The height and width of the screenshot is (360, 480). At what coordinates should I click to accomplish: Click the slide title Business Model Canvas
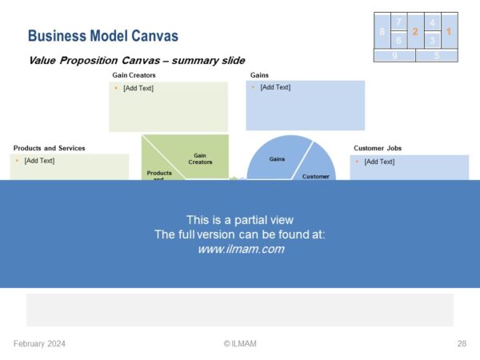tap(103, 36)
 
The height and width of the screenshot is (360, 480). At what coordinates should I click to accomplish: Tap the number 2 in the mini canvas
tap(415, 31)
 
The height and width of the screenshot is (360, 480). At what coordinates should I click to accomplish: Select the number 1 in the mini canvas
tap(449, 31)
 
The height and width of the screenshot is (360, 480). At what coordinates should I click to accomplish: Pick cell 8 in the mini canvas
tap(382, 30)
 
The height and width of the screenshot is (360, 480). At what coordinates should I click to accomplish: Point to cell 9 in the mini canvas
tap(394, 56)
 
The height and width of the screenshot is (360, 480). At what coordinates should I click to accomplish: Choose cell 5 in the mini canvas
tap(437, 56)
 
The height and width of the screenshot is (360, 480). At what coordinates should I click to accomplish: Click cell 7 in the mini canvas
tap(399, 22)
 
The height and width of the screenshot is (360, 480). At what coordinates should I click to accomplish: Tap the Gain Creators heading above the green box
tap(134, 75)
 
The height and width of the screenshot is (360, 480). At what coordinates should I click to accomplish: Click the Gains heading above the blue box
tap(259, 75)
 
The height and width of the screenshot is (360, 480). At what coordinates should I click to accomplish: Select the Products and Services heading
tap(50, 148)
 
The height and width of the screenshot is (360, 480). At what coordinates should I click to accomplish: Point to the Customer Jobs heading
tap(378, 148)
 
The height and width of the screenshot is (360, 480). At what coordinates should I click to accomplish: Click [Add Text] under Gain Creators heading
tap(138, 88)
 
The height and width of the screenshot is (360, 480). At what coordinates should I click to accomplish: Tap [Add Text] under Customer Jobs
tap(379, 162)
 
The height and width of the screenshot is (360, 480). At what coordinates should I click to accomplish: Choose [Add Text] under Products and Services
tap(39, 161)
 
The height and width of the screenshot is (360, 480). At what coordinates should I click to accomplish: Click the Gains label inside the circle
tap(277, 159)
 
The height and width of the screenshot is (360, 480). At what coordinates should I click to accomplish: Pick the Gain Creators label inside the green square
tap(200, 159)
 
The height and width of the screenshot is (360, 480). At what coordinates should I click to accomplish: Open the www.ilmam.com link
tap(241, 249)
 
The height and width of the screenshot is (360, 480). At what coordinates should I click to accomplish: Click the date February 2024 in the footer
tap(39, 343)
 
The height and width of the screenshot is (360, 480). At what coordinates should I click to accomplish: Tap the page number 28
tap(462, 343)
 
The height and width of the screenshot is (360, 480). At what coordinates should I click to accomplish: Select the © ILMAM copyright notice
tap(240, 343)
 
